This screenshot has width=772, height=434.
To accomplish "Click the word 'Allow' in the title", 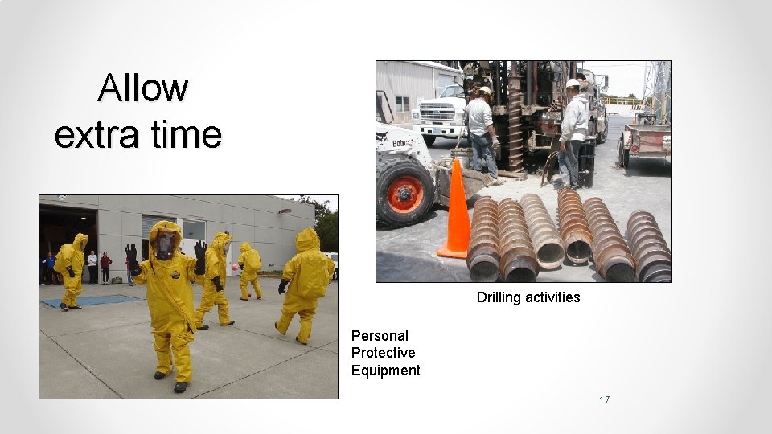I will [143, 88].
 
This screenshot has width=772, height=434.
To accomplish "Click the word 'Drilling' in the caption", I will [499, 297].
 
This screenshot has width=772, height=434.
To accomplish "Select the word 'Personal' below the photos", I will [380, 336].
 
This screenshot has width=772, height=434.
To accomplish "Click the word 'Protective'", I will [383, 353].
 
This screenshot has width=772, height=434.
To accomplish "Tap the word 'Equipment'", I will [385, 371].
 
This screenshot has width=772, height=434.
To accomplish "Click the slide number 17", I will [604, 399].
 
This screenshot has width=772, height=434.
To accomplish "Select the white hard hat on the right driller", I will [573, 84].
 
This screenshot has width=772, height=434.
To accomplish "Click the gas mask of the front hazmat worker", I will [164, 244].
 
